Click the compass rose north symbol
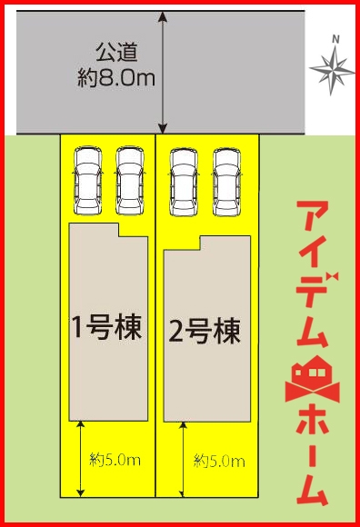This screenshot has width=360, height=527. [x=333, y=69]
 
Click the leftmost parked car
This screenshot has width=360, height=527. [x=88, y=179]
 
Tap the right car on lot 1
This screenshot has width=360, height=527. [x=131, y=179]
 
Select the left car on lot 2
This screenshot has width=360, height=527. [x=185, y=179]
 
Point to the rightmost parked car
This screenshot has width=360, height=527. [x=227, y=179]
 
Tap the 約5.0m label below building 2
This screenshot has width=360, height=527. [x=219, y=462]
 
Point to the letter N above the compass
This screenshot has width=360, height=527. [x=335, y=39]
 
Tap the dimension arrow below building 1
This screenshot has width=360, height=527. [x=82, y=459]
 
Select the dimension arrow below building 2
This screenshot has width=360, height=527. [x=185, y=460]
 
